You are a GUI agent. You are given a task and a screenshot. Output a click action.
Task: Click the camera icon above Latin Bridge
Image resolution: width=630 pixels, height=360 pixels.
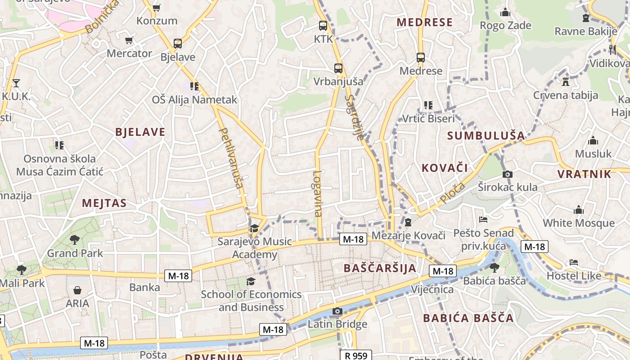point(337,311)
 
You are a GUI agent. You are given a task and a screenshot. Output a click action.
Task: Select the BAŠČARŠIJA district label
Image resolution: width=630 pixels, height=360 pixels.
point(380,268)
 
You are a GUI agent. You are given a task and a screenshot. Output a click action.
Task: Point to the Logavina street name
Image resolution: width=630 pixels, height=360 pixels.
point(318,193)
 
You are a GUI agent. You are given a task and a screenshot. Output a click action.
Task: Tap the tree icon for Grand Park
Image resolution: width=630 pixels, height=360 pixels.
point(75,240)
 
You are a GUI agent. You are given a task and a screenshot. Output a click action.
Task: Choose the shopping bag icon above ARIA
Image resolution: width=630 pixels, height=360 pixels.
point(77,290)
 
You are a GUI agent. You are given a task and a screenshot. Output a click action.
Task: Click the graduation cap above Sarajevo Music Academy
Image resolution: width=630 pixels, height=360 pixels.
point(254,229)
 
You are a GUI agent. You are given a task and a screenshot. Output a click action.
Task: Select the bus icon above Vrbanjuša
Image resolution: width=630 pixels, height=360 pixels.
point(338,68)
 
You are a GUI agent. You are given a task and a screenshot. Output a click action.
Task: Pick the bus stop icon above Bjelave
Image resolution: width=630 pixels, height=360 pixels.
point(178,44)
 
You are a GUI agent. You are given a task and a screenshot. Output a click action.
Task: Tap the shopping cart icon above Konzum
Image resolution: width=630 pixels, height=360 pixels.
point(157,8)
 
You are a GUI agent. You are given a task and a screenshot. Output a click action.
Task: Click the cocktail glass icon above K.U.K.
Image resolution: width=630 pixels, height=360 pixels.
point(16,83)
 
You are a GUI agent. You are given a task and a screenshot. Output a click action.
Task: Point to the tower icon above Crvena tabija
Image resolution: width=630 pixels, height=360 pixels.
point(566,82)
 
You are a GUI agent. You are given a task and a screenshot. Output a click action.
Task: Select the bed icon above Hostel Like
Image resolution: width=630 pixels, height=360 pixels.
point(573,262)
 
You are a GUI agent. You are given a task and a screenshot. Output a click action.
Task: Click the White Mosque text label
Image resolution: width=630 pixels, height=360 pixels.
point(578,223)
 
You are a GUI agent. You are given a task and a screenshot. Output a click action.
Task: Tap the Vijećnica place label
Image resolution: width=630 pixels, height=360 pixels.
point(432,289)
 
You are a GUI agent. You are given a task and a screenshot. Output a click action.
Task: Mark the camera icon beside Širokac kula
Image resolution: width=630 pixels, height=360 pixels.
point(508,174)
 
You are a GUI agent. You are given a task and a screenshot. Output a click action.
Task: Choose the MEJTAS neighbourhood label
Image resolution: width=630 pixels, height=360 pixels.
point(104,203)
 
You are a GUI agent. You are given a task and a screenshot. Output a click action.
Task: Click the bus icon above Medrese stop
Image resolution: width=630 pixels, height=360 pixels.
point(421,58)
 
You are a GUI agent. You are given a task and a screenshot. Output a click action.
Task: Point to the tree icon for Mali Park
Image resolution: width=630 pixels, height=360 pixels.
point(21,270)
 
